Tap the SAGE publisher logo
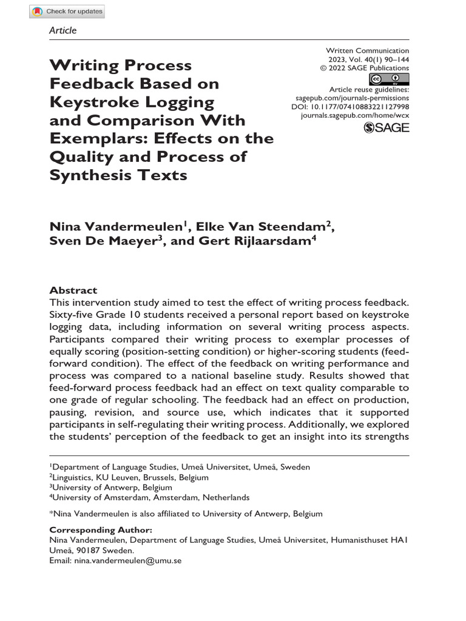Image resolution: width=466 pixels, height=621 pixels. click(x=386, y=127)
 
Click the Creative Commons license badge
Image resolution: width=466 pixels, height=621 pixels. click(x=388, y=79)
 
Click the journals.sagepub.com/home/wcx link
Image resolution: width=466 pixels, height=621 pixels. click(x=355, y=115)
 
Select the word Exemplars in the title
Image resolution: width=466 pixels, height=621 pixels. click(x=97, y=138)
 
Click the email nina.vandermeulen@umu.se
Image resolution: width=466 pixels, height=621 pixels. click(x=127, y=561)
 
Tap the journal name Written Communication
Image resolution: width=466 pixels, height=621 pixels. click(x=368, y=50)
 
